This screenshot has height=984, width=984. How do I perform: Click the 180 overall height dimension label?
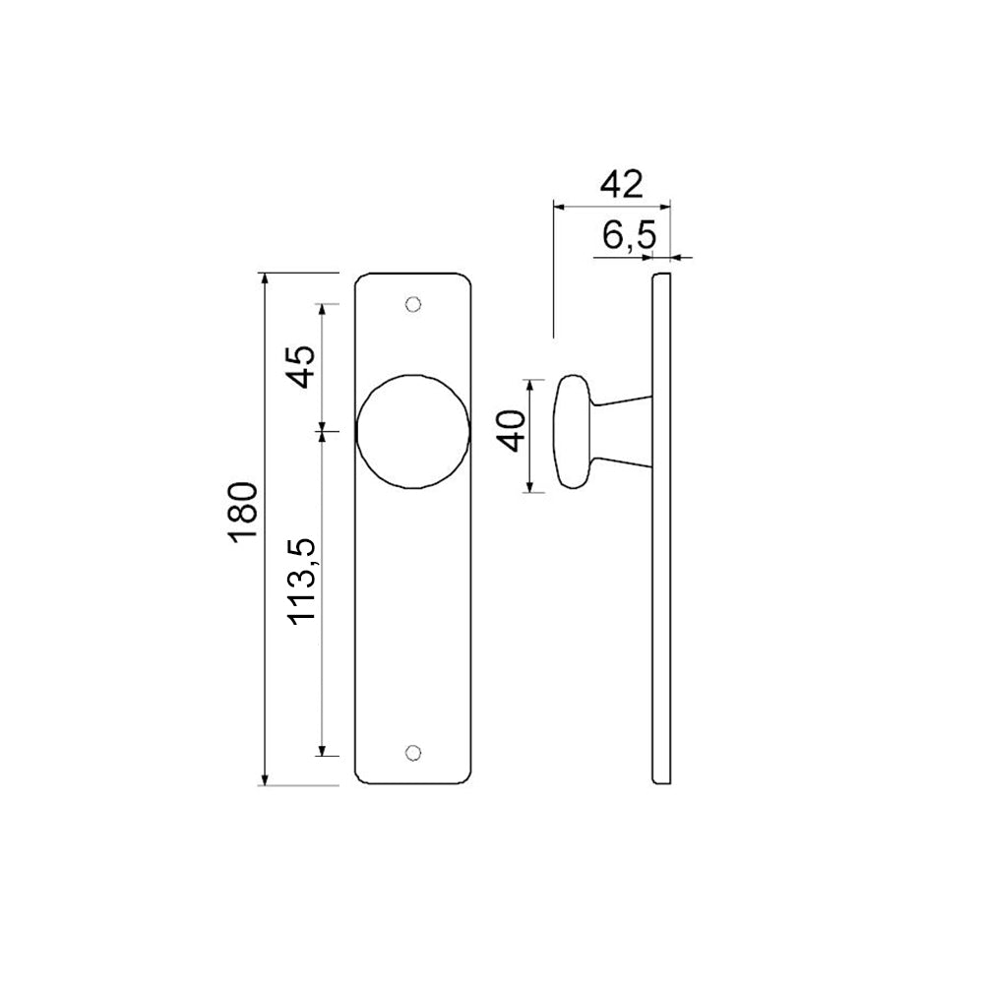pos(243,510)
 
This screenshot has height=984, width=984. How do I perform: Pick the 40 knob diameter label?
pos(512,431)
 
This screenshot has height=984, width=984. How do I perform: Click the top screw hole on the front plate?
pos(413,304)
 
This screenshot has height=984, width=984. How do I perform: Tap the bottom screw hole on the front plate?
pos(413,753)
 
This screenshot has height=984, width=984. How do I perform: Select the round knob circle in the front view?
pos(413,430)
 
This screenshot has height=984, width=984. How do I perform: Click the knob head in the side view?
pos(571,431)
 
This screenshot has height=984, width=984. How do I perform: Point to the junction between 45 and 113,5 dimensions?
pos(322,430)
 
